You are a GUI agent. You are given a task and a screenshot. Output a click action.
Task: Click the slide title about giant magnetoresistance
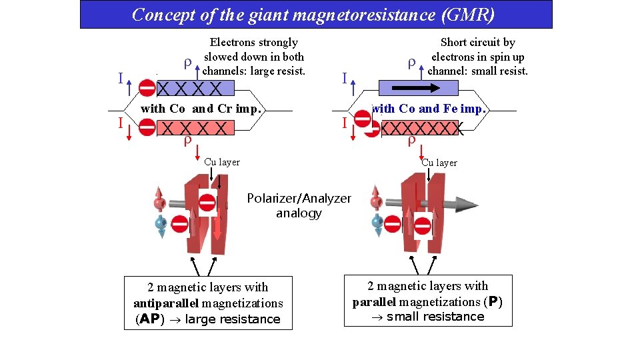click(313, 14)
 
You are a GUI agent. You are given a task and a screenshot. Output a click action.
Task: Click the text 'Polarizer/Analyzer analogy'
click(299, 206)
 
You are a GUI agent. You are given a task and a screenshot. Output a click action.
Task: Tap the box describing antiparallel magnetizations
click(208, 303)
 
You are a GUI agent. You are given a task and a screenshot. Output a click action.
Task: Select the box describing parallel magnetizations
click(428, 301)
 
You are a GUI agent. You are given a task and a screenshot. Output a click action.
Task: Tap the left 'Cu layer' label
click(222, 162)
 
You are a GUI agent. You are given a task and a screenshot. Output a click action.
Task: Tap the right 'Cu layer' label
click(439, 163)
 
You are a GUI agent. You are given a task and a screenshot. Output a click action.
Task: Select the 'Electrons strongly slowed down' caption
click(254, 57)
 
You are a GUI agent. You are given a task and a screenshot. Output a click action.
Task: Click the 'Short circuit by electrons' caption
click(477, 57)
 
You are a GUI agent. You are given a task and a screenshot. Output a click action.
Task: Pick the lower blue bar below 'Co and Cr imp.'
click(196, 128)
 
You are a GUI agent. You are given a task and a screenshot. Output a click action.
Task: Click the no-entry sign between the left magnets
click(207, 203)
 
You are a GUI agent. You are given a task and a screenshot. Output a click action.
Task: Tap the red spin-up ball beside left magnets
click(159, 202)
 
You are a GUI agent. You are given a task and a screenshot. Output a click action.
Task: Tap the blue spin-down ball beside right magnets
click(377, 222)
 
